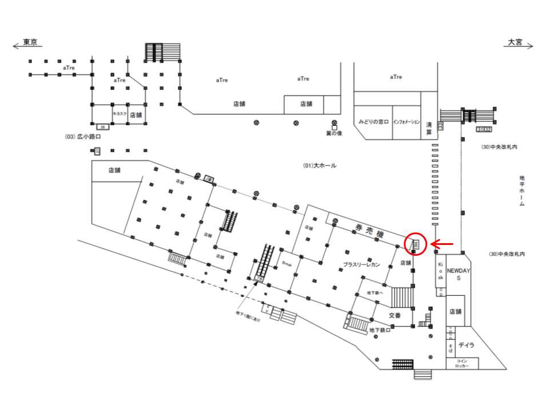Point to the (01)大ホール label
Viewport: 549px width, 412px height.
320,166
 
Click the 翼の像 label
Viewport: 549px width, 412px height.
333,133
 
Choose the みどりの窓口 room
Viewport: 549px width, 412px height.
373,122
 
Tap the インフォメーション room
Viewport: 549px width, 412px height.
406,122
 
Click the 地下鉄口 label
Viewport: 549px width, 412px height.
380,330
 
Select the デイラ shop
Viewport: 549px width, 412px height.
466,345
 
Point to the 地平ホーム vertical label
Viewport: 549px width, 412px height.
522,192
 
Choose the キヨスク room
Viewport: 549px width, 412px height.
120,113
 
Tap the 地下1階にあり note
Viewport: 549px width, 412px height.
248,316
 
